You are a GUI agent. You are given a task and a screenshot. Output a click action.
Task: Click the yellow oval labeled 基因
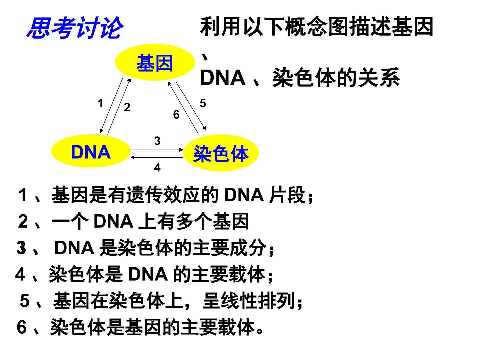click(x=155, y=62)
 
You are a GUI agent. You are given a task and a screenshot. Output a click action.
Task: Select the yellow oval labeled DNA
click(x=91, y=151)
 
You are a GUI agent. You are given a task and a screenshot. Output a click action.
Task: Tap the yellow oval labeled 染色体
click(x=221, y=153)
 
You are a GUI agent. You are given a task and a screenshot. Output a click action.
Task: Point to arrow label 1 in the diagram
click(x=100, y=103)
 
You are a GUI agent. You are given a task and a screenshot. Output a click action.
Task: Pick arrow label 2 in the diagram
click(x=127, y=107)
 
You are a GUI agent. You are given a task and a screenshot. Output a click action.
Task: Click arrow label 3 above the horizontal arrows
click(x=157, y=141)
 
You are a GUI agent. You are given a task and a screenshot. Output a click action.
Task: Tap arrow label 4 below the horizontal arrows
click(x=157, y=168)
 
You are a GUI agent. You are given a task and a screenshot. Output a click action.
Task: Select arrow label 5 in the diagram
click(x=203, y=103)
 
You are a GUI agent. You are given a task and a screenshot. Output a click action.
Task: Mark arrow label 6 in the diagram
click(x=176, y=115)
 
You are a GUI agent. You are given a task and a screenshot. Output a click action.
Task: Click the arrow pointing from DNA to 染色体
click(x=157, y=150)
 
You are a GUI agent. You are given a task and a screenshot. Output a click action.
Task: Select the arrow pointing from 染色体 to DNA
click(x=157, y=157)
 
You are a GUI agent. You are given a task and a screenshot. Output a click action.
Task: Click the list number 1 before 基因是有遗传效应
click(x=23, y=195)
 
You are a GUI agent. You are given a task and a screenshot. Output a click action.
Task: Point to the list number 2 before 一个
click(x=23, y=221)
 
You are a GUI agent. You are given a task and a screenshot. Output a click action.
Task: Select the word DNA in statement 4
click(x=148, y=274)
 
